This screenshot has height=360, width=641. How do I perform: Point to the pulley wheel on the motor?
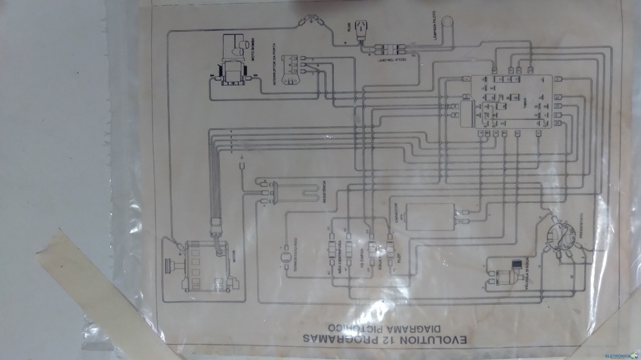pos(172,265)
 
